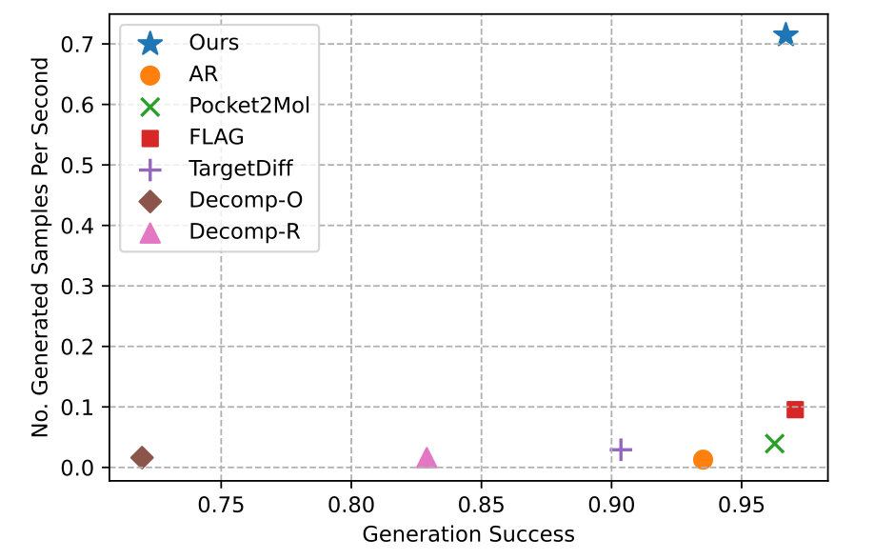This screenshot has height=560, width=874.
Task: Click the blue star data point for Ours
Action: click(785, 35)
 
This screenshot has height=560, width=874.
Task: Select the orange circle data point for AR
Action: click(703, 459)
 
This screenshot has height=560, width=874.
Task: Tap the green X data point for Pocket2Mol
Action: click(774, 443)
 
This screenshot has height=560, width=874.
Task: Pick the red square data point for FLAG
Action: click(795, 410)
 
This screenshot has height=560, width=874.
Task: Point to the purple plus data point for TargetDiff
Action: click(621, 450)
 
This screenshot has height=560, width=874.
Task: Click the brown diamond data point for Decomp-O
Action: click(142, 458)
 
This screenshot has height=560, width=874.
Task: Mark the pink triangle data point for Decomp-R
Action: click(427, 458)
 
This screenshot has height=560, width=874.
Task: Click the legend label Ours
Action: click(214, 43)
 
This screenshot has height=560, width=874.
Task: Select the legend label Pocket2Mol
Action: click(249, 105)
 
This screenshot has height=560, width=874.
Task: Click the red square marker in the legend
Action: click(150, 137)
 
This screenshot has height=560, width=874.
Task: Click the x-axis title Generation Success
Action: click(468, 534)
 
